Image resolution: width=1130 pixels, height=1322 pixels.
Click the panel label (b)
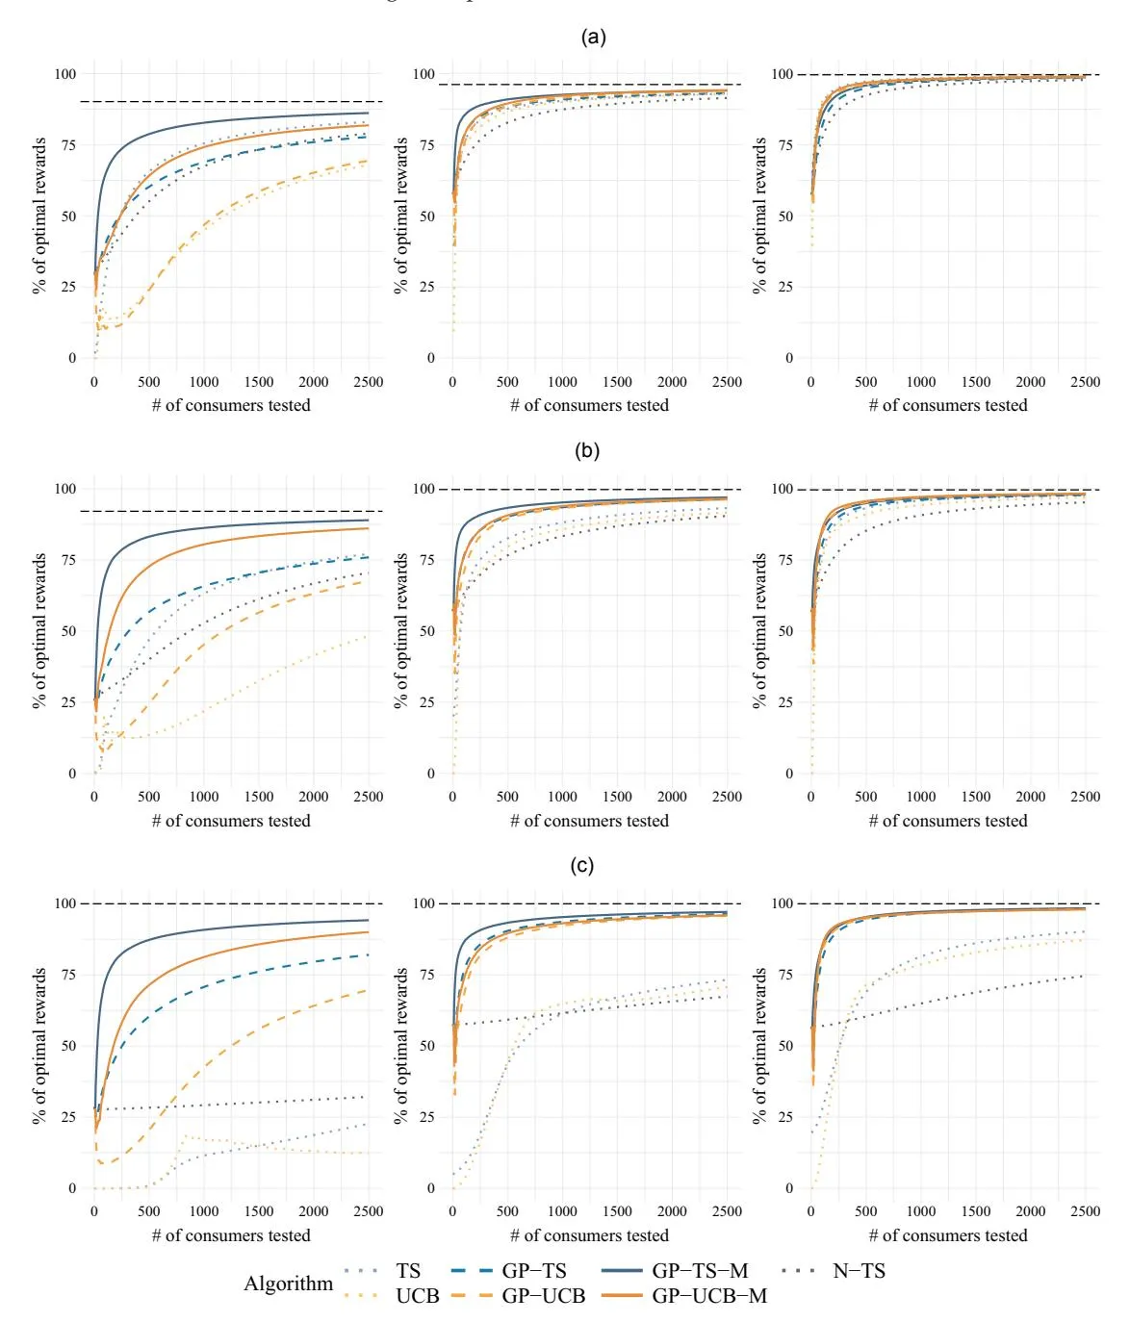click(x=587, y=450)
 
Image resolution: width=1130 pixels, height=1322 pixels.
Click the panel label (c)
click(x=582, y=865)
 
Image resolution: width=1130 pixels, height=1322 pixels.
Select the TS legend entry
click(x=408, y=1271)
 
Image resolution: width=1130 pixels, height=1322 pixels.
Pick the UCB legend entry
click(x=417, y=1296)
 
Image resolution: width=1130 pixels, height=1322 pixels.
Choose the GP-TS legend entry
click(x=534, y=1271)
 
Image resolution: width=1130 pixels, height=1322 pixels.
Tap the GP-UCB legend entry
click(x=543, y=1296)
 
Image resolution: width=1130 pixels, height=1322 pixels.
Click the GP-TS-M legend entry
click(x=700, y=1271)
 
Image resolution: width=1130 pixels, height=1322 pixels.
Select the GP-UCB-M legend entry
click(x=709, y=1296)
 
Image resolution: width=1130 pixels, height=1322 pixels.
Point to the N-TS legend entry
click(x=859, y=1271)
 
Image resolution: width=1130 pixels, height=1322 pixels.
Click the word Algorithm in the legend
click(x=288, y=1284)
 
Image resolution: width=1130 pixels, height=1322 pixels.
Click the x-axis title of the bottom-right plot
click(x=948, y=1235)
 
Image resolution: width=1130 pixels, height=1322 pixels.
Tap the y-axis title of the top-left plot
click(x=40, y=216)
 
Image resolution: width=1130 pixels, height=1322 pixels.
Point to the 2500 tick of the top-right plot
click(x=1085, y=382)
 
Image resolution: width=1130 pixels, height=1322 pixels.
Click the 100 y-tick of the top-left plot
click(x=65, y=74)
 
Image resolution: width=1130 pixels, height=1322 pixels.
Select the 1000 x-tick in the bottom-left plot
click(x=203, y=1211)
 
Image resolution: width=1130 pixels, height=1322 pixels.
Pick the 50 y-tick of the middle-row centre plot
click(x=427, y=631)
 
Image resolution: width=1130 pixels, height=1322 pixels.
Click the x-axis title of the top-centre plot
click(x=589, y=405)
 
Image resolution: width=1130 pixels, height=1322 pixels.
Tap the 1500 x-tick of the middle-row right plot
click(x=975, y=797)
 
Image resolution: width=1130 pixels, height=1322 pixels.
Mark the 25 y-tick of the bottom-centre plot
click(x=427, y=1117)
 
